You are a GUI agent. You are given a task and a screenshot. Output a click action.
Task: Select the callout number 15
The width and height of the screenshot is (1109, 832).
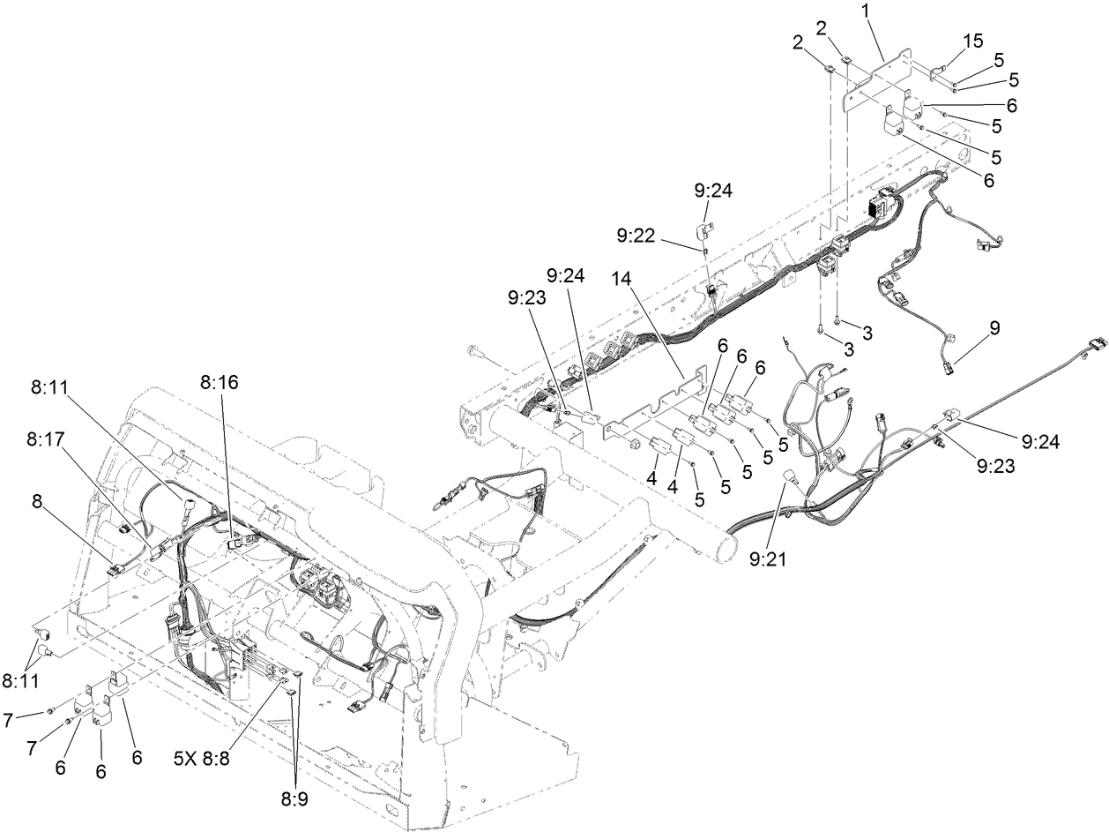[972, 41]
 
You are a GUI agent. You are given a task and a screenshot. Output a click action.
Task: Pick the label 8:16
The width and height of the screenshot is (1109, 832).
[219, 383]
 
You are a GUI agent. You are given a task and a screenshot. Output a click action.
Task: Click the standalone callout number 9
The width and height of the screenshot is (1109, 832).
[994, 327]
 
